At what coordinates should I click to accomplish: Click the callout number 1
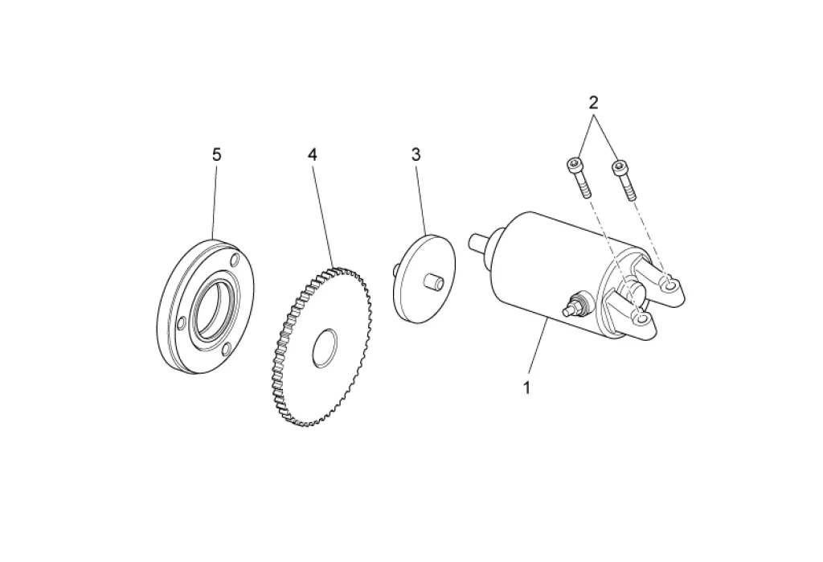coord(527,388)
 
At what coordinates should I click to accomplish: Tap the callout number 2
coord(593,102)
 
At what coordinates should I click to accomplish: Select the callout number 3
coord(416,154)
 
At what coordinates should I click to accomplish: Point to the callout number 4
coord(312,154)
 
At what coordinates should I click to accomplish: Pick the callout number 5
coord(216,154)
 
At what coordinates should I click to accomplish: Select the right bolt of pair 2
coord(623,178)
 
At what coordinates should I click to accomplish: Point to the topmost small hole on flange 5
coord(234,260)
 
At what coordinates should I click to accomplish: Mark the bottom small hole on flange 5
coord(227,348)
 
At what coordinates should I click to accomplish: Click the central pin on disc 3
coord(434,283)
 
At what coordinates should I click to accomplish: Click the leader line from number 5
coord(215,201)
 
